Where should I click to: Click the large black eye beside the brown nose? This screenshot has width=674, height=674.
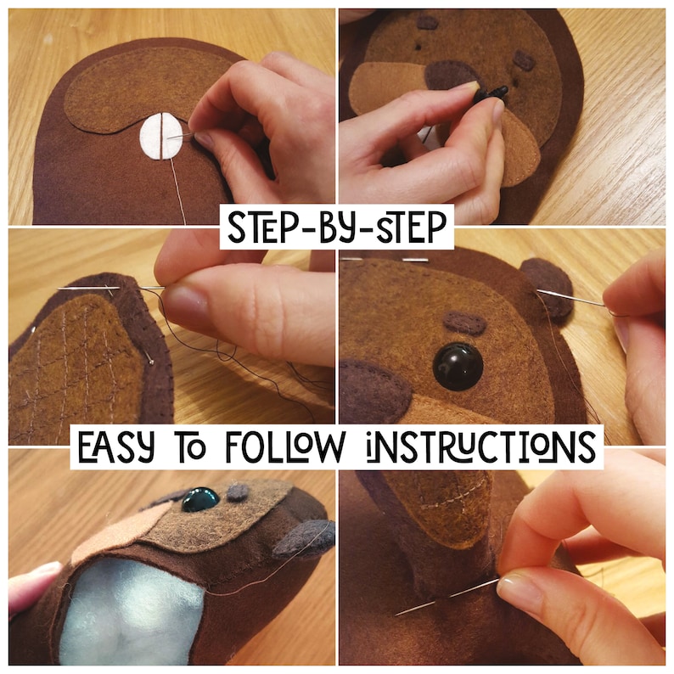(458, 366)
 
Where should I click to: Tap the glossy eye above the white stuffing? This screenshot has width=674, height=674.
(201, 497)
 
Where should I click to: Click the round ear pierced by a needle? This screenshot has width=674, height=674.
(546, 286)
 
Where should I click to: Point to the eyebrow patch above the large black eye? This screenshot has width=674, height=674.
(464, 323)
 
